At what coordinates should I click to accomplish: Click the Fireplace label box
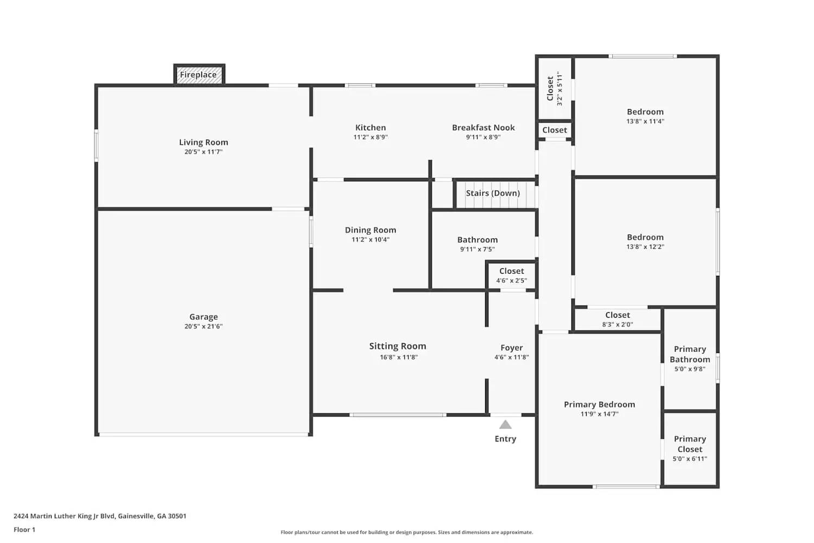point(199,75)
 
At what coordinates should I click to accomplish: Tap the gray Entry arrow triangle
point(505,425)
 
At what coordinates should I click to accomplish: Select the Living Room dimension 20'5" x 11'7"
point(203,152)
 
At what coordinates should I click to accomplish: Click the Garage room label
point(203,317)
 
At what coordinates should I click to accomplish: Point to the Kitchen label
point(371,128)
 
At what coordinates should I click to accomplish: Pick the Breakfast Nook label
point(483,128)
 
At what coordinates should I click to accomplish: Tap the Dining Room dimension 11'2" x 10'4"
point(371,239)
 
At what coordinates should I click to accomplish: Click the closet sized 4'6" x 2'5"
point(512,275)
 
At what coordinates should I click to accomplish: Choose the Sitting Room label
point(398,346)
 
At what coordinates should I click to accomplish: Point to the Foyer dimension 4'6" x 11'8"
point(512,357)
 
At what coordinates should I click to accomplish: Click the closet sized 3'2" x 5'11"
point(554,88)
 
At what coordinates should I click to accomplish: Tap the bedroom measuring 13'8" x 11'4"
point(645,116)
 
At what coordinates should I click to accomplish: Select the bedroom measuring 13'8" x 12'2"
point(645,242)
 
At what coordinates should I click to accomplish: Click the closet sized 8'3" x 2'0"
point(618,319)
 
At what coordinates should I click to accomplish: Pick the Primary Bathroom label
point(690,354)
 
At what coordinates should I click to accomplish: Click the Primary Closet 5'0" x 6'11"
point(690,449)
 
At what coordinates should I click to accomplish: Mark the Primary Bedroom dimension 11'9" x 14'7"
point(599,414)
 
